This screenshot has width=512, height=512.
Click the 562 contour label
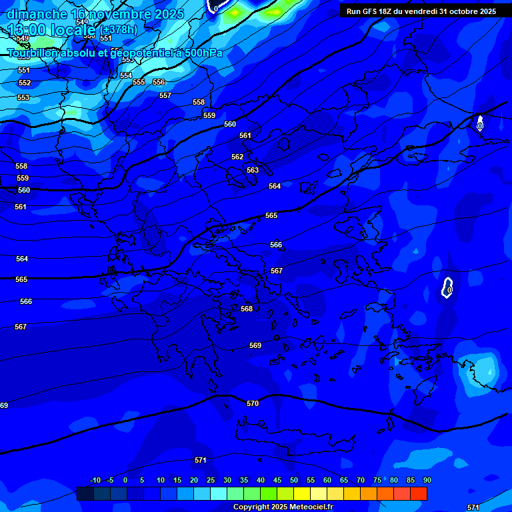pyautogui.click(x=237, y=157)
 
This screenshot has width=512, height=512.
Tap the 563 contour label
pyautogui.click(x=253, y=170)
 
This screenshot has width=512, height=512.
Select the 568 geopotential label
pyautogui.click(x=247, y=309)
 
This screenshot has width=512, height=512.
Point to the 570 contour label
pyautogui.click(x=253, y=403)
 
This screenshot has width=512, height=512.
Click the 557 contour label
pyautogui.click(x=165, y=95)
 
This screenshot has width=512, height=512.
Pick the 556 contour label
pyautogui.click(x=159, y=82)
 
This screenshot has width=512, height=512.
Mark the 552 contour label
pyautogui.click(x=25, y=83)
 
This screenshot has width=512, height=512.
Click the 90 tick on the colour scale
pyautogui.click(x=427, y=480)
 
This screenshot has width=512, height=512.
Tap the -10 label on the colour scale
pyautogui.click(x=95, y=480)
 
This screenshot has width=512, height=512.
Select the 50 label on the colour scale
pyautogui.click(x=294, y=480)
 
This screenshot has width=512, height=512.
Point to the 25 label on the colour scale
pyautogui.click(x=211, y=480)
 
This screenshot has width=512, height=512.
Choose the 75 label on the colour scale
pyautogui.click(x=377, y=480)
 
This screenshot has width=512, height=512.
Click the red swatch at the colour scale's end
pyautogui.click(x=419, y=493)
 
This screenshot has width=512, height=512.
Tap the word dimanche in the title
pyautogui.click(x=37, y=14)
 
